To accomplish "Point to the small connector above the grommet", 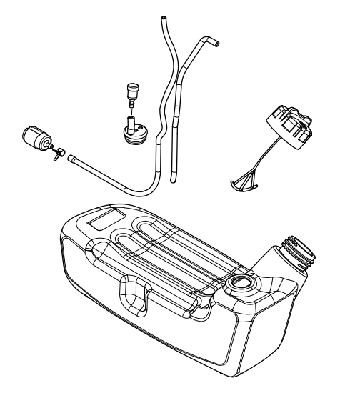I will [x=130, y=91].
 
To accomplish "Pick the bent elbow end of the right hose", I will [x=214, y=44].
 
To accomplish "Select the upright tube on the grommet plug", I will [x=131, y=121].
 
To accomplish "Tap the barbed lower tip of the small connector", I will [x=130, y=105].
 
